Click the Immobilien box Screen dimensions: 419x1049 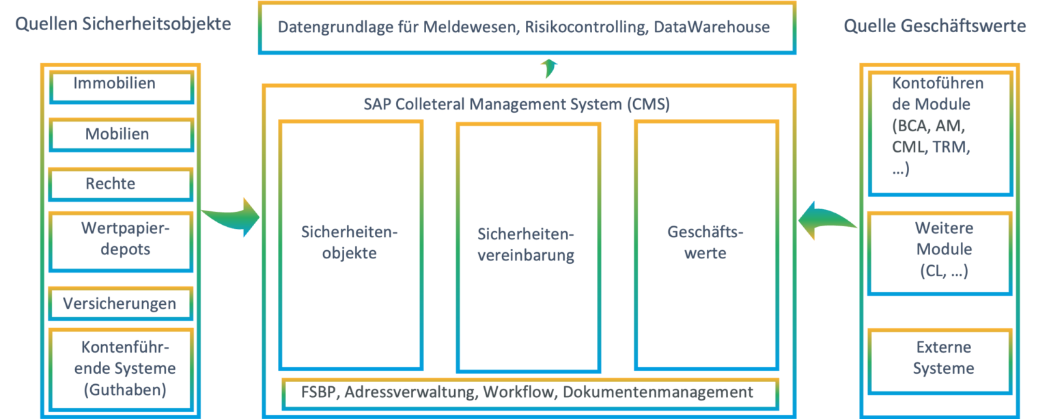pyautogui.click(x=122, y=87)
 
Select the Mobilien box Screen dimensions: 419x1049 pyautogui.click(x=122, y=135)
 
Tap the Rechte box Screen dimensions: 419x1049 pyautogui.click(x=120, y=184)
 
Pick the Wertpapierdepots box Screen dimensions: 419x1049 pyautogui.click(x=122, y=240)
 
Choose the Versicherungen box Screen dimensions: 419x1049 pyautogui.click(x=120, y=303)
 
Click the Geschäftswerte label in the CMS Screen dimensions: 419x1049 pyautogui.click(x=706, y=242)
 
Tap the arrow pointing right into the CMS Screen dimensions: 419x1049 pyautogui.click(x=232, y=217)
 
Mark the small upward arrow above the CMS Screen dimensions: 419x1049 pyautogui.click(x=548, y=68)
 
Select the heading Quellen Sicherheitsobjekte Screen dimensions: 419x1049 pyautogui.click(x=123, y=24)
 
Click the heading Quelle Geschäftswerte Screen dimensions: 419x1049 pyautogui.click(x=934, y=26)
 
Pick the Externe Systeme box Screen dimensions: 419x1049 pyautogui.click(x=942, y=357)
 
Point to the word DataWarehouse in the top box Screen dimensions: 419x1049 pyautogui.click(x=712, y=28)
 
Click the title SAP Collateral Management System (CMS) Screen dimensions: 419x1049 pyautogui.click(x=516, y=105)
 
